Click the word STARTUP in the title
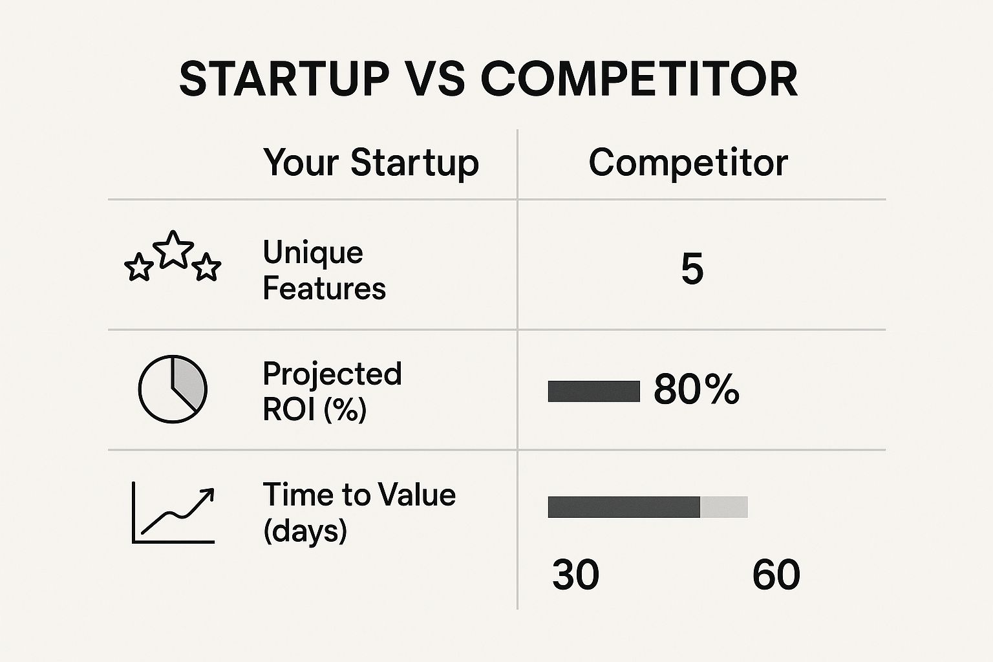click(x=284, y=80)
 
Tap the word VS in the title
click(x=435, y=80)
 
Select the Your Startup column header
click(x=370, y=162)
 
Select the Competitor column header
click(x=688, y=162)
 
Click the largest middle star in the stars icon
click(x=173, y=250)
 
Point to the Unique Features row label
click(x=323, y=270)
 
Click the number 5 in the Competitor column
click(x=692, y=270)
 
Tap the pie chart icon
click(x=173, y=389)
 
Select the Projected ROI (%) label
click(x=332, y=391)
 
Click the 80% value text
click(x=696, y=390)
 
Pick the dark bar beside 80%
click(x=593, y=391)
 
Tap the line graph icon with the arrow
click(x=173, y=512)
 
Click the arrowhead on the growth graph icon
click(x=208, y=494)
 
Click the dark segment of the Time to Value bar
click(x=623, y=507)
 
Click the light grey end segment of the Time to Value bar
click(x=724, y=507)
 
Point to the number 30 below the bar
click(x=575, y=575)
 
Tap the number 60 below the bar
click(x=776, y=575)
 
